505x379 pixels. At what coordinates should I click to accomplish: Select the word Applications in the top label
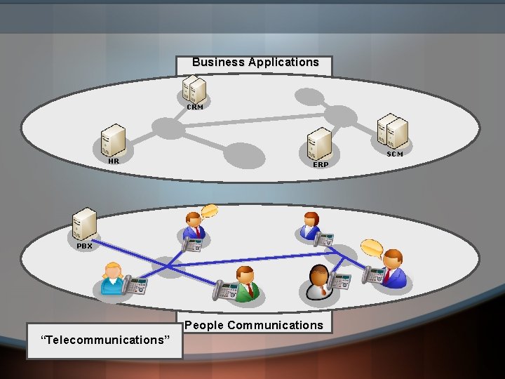281,62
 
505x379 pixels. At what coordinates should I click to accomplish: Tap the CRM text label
194,107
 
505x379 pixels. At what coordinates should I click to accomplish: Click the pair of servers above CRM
194,89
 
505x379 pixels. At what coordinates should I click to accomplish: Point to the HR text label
114,161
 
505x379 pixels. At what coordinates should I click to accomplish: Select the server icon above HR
112,140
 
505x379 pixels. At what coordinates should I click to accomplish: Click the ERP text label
321,164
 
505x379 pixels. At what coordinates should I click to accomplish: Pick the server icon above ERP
319,143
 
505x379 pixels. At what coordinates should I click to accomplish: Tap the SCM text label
395,154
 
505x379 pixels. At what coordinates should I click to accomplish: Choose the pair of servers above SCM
393,132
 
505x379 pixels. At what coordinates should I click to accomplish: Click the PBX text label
84,246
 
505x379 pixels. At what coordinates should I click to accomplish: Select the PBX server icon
85,225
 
